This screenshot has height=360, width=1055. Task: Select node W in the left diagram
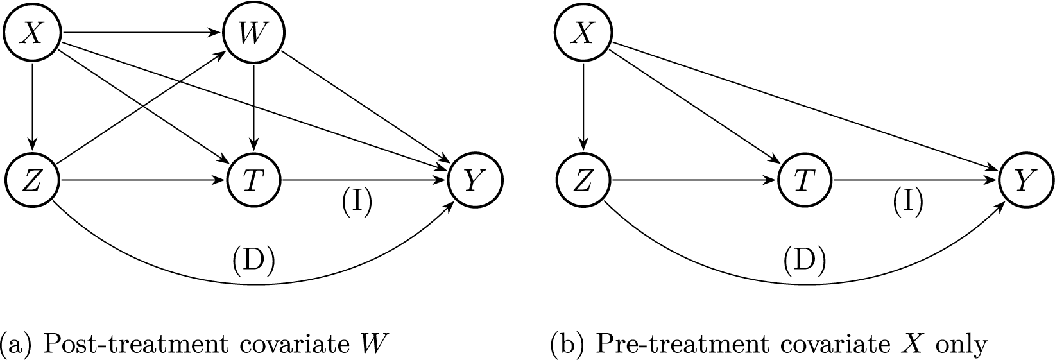pos(254,33)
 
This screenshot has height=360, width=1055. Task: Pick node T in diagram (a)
pos(254,182)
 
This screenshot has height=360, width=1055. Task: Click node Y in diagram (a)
pos(476,182)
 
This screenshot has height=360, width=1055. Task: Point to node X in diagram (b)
pos(583,33)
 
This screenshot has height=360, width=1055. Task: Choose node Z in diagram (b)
pos(583,182)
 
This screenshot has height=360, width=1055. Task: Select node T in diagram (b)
pos(805,182)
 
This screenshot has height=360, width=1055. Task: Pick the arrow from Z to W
pos(141,107)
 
